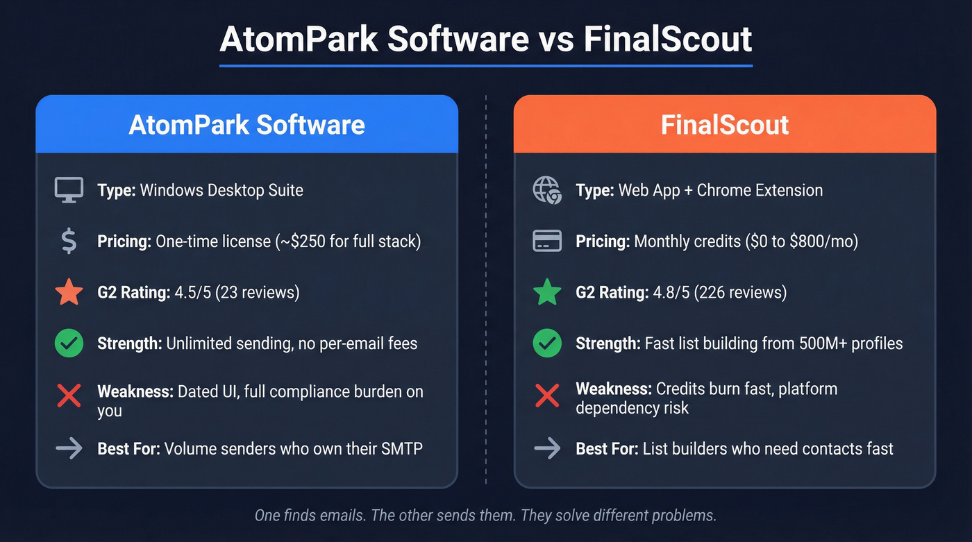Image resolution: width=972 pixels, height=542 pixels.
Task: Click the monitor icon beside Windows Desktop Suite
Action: [69, 189]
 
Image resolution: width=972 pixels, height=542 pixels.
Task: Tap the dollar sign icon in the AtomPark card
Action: [69, 241]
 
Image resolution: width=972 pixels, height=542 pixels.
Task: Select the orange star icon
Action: [69, 292]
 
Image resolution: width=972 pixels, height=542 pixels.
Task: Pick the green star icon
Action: [547, 292]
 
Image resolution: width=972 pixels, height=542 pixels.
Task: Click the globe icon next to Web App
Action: [547, 189]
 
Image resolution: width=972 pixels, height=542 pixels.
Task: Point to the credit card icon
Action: [547, 241]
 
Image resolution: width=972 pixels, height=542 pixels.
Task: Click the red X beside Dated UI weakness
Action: [69, 396]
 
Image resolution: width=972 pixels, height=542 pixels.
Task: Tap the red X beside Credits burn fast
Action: [547, 396]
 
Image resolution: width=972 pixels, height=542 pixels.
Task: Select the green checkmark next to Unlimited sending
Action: [69, 343]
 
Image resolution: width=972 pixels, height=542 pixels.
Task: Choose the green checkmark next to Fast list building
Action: [547, 343]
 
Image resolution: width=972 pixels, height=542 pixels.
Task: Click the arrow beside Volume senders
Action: [69, 448]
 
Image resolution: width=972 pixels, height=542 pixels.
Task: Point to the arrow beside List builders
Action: [547, 448]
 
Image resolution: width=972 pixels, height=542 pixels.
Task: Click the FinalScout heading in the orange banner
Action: [725, 125]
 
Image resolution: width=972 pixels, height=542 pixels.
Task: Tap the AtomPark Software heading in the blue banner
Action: [247, 125]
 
